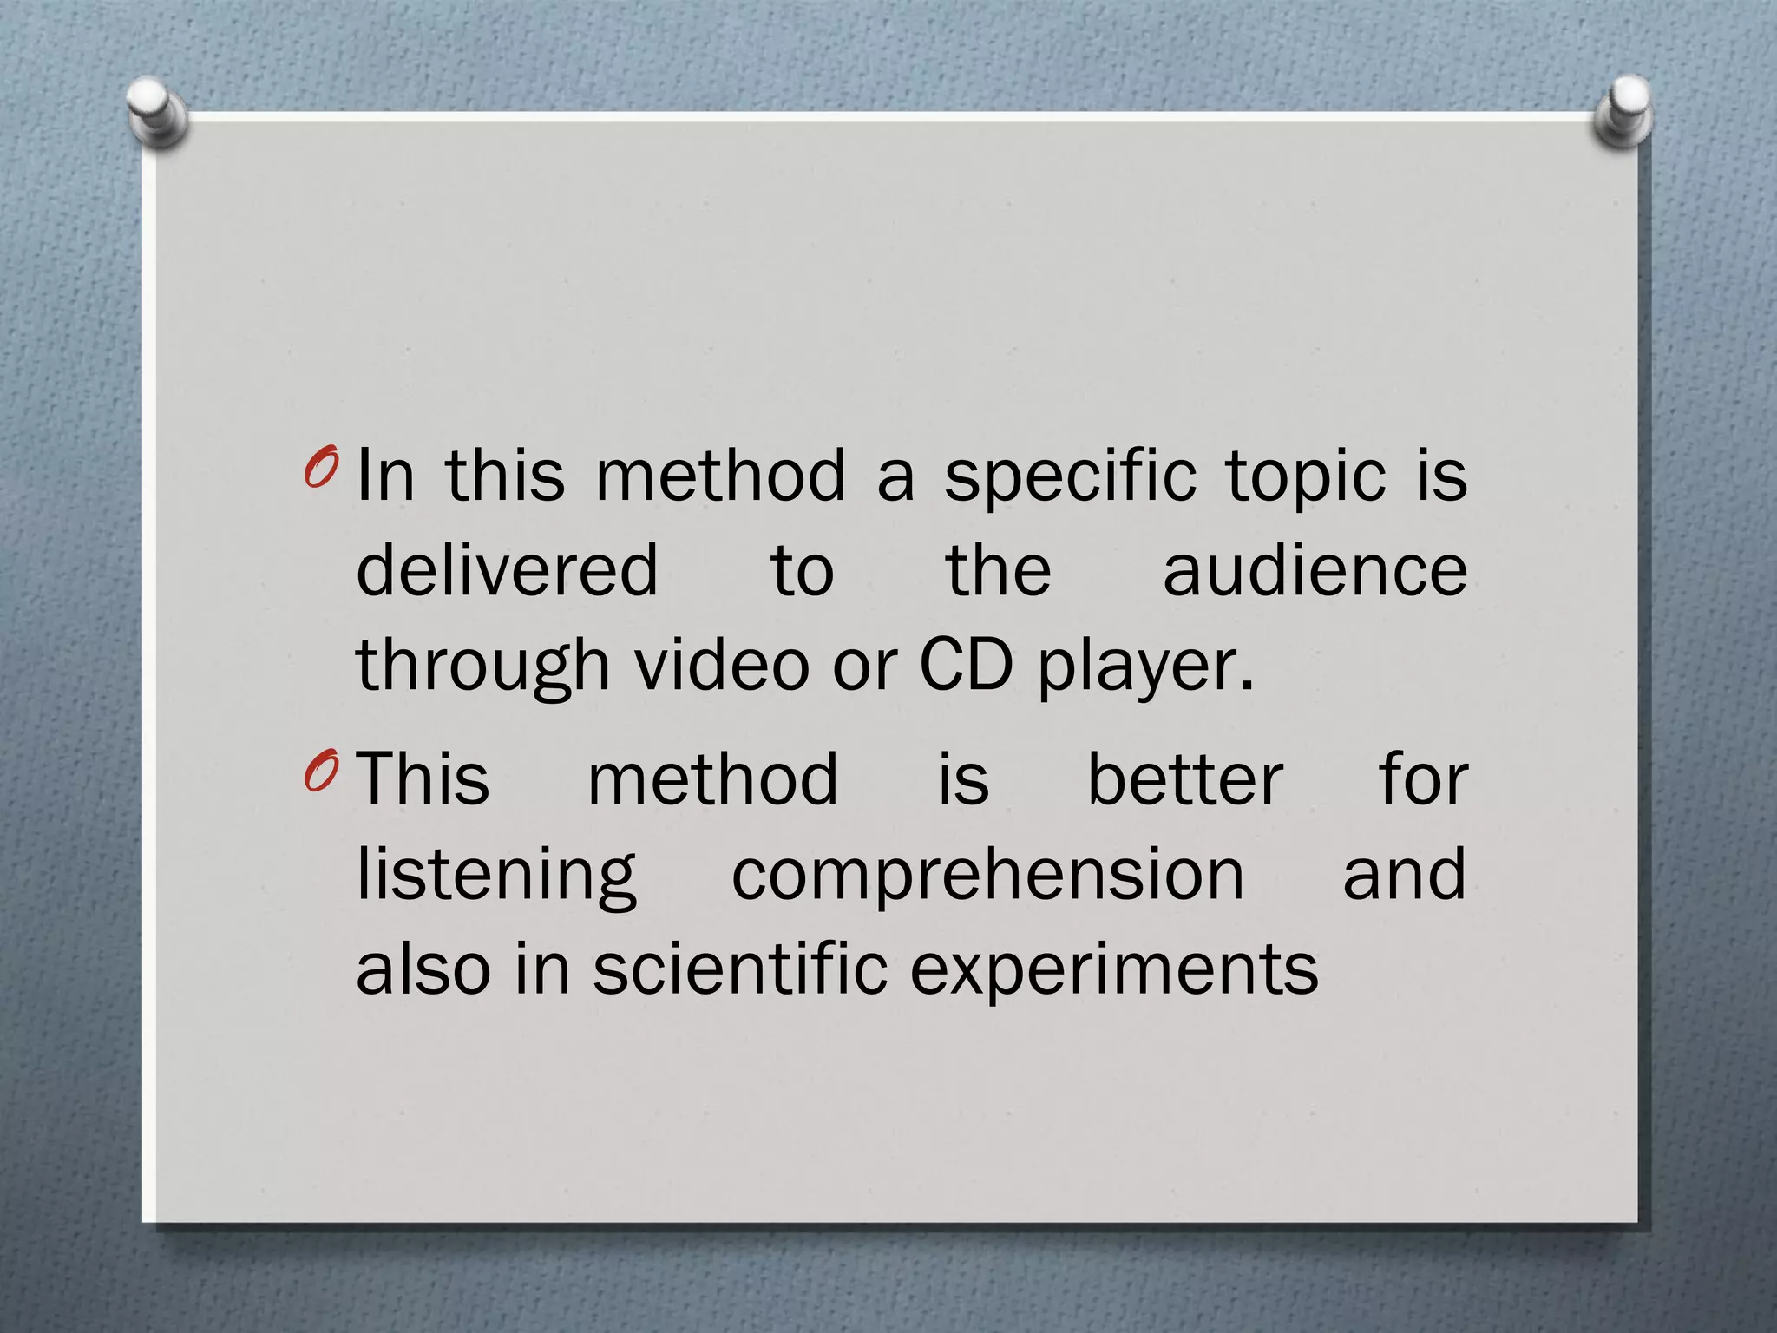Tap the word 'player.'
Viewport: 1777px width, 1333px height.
(1146, 666)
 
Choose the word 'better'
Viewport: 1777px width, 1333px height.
(1185, 778)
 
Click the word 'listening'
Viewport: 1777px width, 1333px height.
(497, 877)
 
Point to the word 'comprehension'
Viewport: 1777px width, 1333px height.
(987, 877)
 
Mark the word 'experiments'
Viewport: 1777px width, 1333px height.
(1114, 970)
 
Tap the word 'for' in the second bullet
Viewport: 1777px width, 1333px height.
(1423, 778)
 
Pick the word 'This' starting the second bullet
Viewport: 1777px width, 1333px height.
(423, 778)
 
